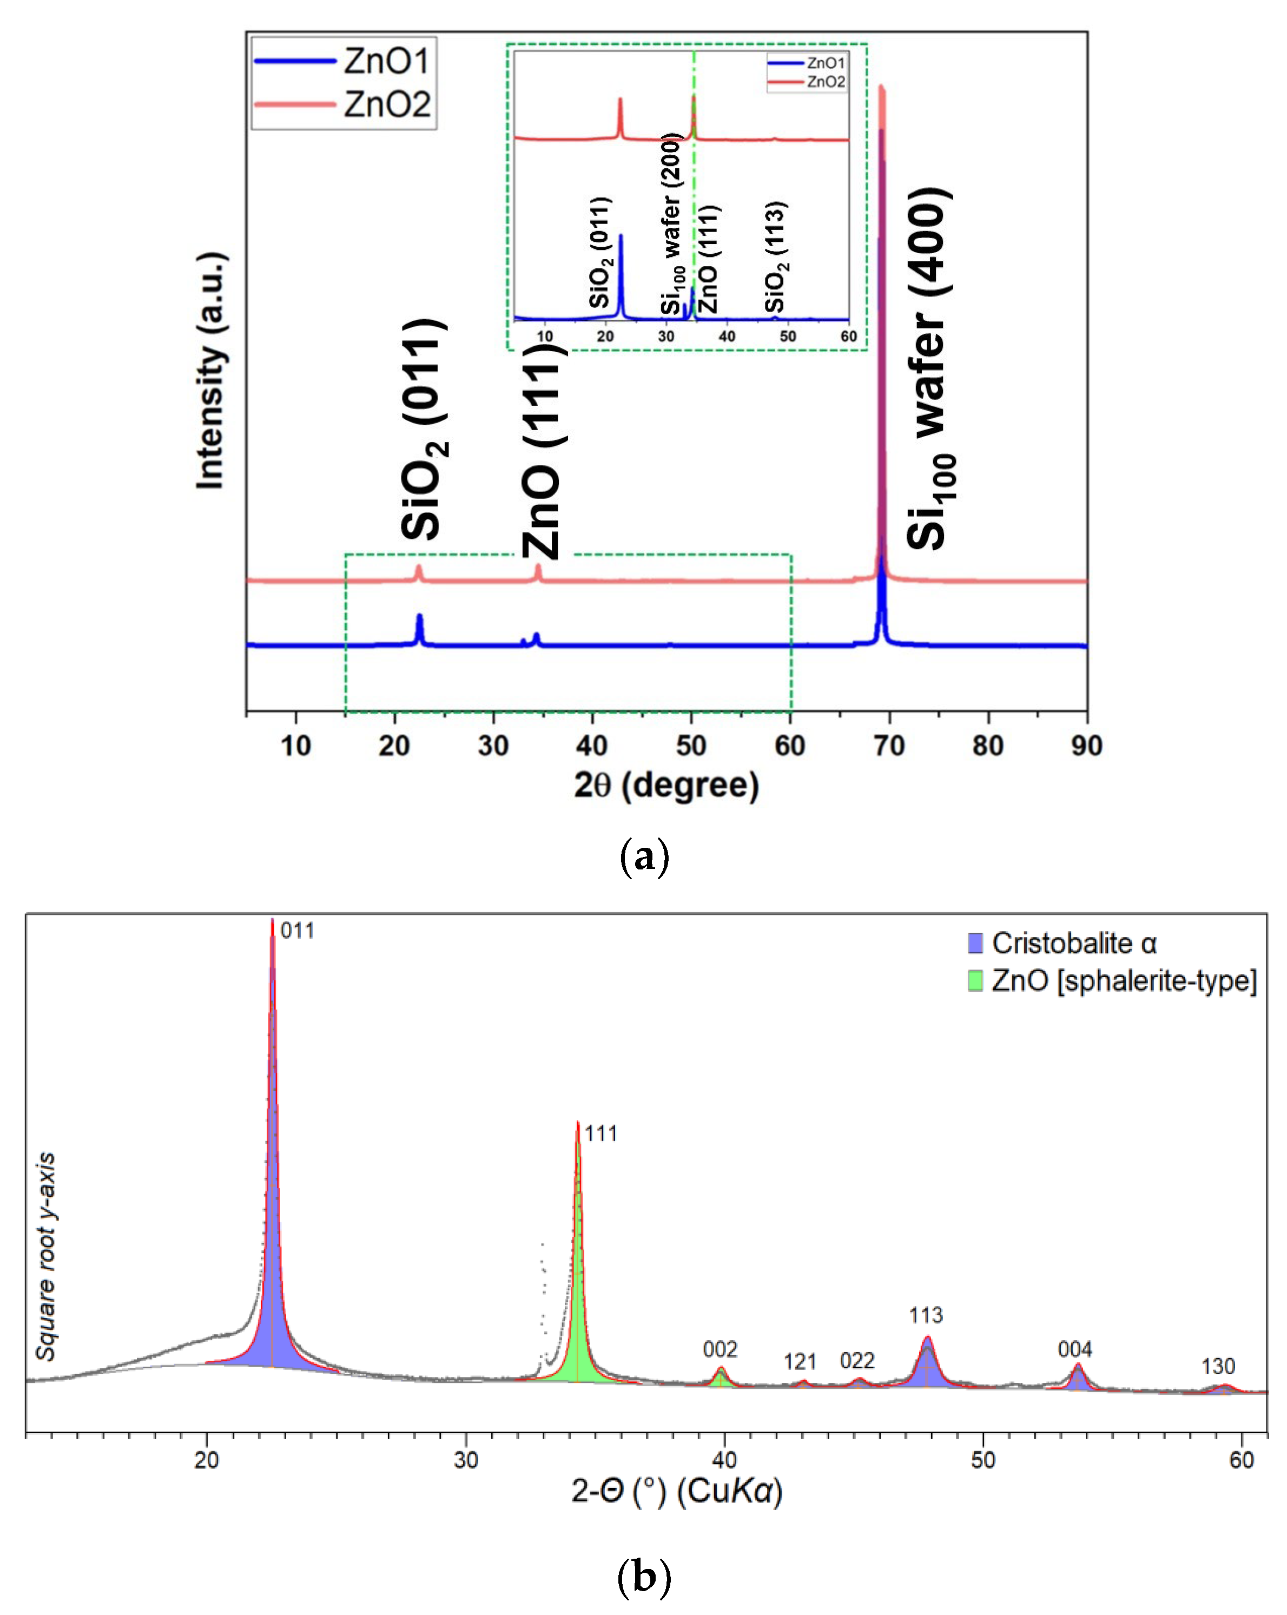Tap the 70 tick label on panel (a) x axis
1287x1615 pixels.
pos(889,746)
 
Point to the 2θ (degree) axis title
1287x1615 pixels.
pos(666,786)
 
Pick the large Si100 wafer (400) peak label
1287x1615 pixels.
pos(929,368)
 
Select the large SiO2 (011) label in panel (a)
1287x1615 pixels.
pos(423,429)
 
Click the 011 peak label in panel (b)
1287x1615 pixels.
pos(296,931)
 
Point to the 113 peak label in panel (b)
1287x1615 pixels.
pos(926,1315)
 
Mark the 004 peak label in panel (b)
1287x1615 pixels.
pos(1074,1350)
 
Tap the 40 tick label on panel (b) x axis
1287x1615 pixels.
pos(724,1459)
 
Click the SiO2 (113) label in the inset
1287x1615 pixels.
pos(775,257)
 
